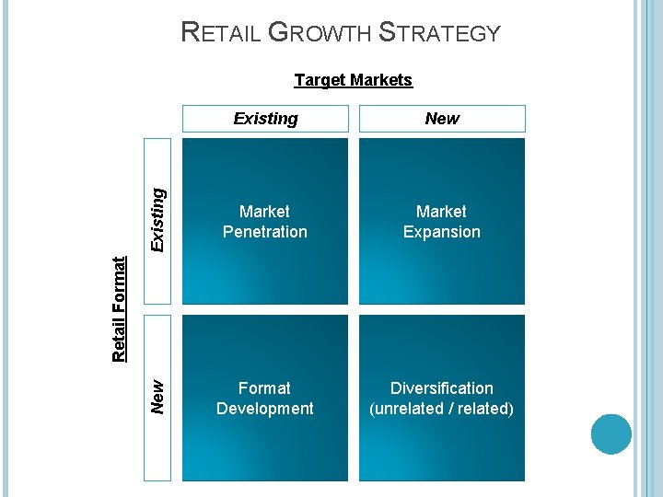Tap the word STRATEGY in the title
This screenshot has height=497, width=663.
coord(440,33)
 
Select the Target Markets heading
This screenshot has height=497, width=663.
coord(353,80)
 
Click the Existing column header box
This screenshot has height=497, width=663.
coord(265,119)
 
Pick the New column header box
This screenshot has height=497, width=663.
coord(442,119)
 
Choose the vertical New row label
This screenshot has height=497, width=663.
coord(157,397)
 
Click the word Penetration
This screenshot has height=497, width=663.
coord(265,232)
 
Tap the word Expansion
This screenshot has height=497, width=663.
coord(442,232)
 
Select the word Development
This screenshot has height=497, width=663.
coord(265,409)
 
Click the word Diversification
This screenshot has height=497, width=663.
coord(442,388)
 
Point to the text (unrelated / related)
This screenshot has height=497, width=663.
coord(442,409)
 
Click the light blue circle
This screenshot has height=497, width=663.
coord(611,434)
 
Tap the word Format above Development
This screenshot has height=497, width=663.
coord(265,388)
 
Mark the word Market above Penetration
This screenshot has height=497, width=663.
coord(265,212)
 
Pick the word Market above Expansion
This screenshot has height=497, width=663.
coord(442,212)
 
